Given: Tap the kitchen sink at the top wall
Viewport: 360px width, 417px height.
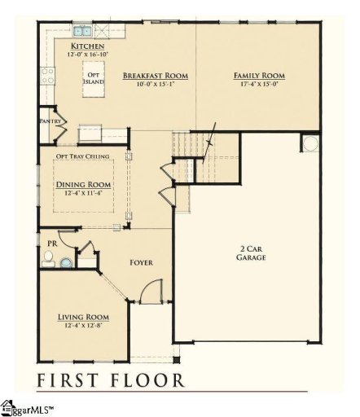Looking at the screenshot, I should click(x=82, y=32).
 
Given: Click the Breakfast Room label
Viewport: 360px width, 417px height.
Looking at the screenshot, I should click(x=156, y=75).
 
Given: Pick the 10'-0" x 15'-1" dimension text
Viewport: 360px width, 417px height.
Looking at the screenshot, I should click(x=156, y=84).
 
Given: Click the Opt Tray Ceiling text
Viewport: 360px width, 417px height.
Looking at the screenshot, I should click(x=84, y=156).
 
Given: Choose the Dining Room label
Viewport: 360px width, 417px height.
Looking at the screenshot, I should click(x=83, y=184).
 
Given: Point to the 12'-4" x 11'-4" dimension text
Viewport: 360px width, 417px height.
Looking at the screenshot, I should click(x=83, y=194).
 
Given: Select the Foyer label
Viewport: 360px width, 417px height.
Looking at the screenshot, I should click(x=142, y=262).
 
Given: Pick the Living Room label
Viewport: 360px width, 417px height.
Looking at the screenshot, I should click(x=82, y=316).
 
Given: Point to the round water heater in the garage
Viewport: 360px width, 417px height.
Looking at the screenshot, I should click(x=310, y=143).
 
